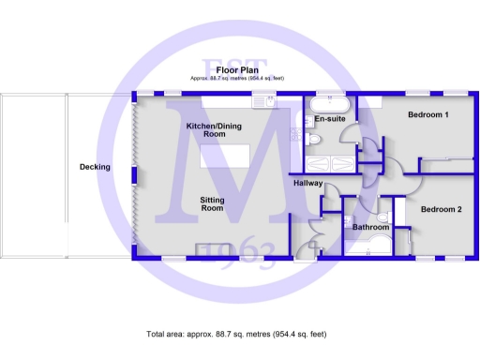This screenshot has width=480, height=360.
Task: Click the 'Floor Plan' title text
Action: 236,69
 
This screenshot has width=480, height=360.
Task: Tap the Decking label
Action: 95,167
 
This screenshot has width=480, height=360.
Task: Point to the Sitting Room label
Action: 212,203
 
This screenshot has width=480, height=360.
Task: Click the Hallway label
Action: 307,183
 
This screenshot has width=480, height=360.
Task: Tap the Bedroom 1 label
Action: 427,115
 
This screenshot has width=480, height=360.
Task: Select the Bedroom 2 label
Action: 441,209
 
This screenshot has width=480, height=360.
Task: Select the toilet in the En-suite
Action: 316,139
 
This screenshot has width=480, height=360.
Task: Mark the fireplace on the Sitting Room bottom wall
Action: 208,248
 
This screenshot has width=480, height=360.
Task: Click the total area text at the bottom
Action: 236,334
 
